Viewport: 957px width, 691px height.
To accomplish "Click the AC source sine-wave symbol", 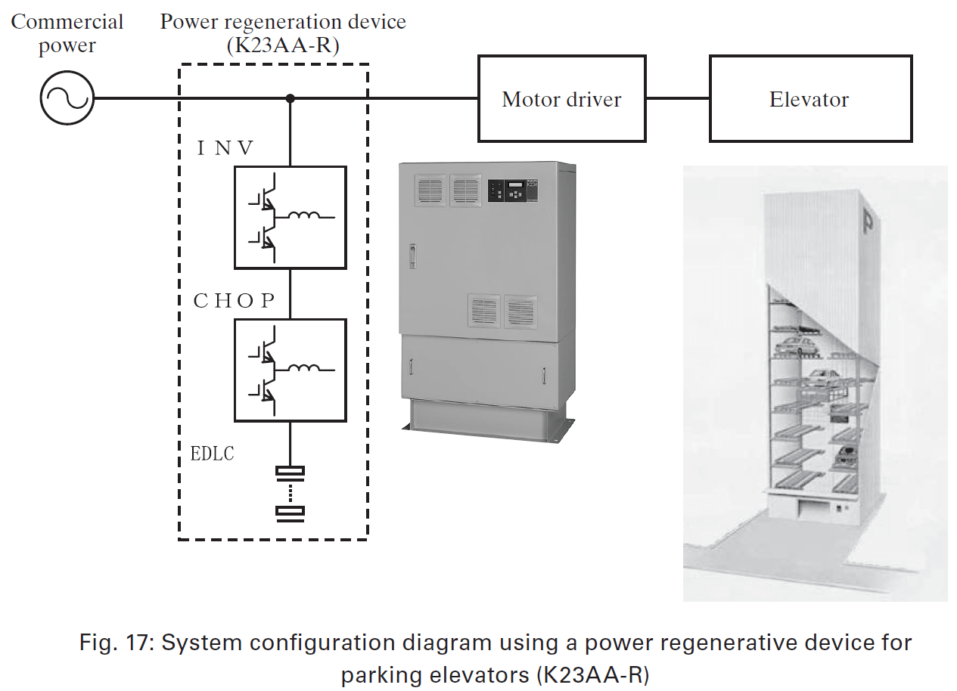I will click(67, 98).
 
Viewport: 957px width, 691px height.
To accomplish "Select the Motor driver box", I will click(561, 98).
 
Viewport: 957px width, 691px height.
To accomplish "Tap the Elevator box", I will click(809, 98).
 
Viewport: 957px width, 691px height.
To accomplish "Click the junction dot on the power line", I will click(290, 98).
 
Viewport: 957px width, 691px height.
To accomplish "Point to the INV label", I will click(225, 148).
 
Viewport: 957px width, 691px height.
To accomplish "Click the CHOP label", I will click(235, 301).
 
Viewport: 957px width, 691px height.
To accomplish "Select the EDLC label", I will click(213, 454).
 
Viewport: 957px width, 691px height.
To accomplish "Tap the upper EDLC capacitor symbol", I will click(290, 472).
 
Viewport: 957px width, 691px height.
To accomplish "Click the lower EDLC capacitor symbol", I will click(290, 512).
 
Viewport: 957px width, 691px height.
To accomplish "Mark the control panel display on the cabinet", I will click(514, 190).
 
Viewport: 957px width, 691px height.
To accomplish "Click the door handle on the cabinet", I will click(413, 256).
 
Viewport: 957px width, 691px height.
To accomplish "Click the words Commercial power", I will click(67, 33).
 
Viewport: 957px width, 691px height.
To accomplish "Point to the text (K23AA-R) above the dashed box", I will click(283, 46).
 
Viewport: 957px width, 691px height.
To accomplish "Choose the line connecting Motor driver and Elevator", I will click(677, 98).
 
